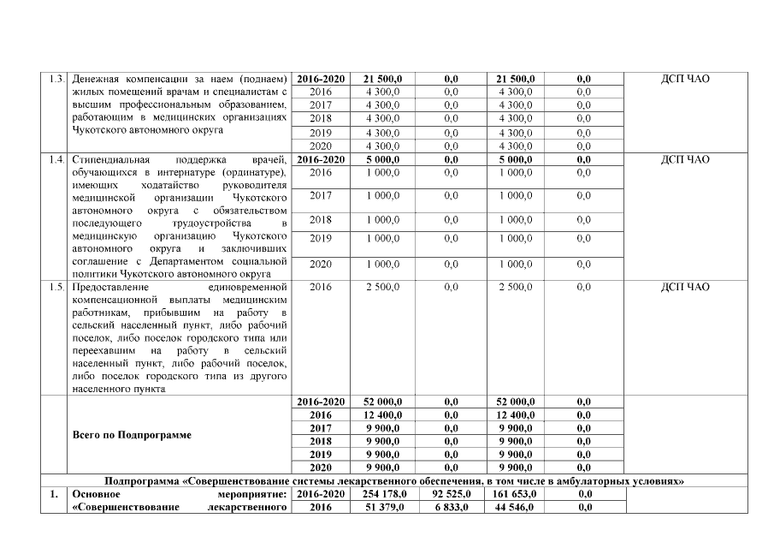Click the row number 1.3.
(x=57, y=79)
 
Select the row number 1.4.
(x=57, y=159)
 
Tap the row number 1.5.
(x=57, y=288)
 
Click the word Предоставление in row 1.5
(x=111, y=288)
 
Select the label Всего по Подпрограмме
(x=132, y=434)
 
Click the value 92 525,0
(x=452, y=494)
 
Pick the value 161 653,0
(x=516, y=494)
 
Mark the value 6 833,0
(x=452, y=508)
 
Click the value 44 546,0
(x=516, y=508)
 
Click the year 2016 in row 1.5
(x=321, y=288)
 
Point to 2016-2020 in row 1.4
(x=321, y=159)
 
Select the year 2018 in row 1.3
(x=321, y=118)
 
